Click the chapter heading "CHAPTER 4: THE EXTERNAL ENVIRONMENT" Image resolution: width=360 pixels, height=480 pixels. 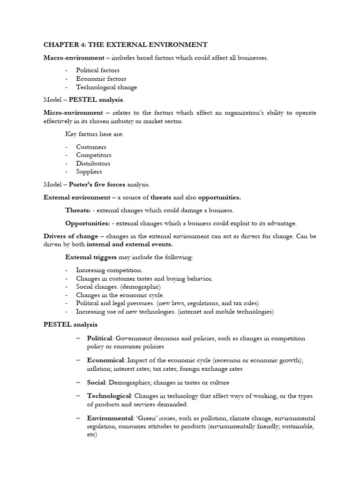coord(125,45)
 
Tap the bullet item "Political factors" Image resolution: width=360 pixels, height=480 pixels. coord(97,70)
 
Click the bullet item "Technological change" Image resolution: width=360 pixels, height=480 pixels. coord(106,87)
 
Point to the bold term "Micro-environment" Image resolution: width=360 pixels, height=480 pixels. coord(73,113)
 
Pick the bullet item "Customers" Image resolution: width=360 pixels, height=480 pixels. coord(91,147)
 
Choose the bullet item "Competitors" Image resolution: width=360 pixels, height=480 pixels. coord(94,155)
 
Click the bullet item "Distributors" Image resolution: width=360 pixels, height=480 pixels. coord(93,164)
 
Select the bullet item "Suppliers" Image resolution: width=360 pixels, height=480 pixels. coord(89,172)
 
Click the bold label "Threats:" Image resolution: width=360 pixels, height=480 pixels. coord(78,210)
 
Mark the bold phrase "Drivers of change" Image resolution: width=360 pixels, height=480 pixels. coord(71,236)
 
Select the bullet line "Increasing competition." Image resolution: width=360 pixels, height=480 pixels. coord(109,270)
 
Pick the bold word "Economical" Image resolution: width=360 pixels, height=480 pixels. coord(105,360)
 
